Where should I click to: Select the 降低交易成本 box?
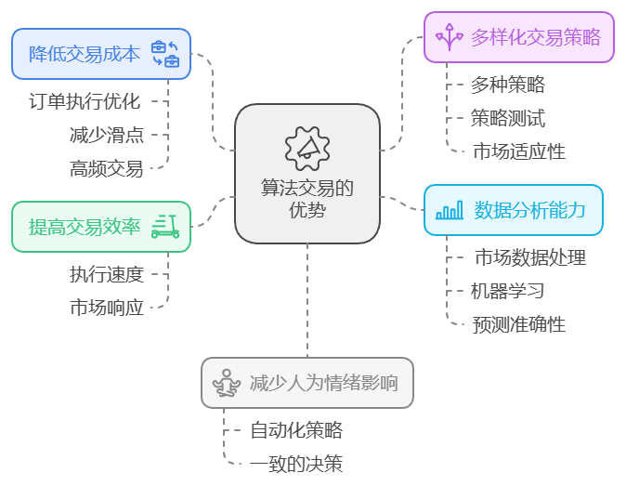(x=100, y=54)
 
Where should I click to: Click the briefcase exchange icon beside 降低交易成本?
(x=165, y=54)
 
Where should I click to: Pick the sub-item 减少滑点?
(x=106, y=135)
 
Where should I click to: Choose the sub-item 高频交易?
(x=106, y=168)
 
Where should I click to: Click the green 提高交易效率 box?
(x=100, y=226)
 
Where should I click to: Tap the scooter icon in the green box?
(x=165, y=226)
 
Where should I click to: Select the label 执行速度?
(x=106, y=274)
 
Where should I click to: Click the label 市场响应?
(x=106, y=308)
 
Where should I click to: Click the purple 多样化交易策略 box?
(x=518, y=37)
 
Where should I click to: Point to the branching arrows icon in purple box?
(x=450, y=37)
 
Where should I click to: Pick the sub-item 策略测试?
(x=507, y=118)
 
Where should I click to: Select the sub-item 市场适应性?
(x=518, y=151)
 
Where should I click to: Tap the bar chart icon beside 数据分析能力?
(x=450, y=210)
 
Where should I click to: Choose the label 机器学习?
(x=507, y=291)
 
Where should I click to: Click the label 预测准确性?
(x=518, y=324)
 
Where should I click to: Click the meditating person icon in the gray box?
(x=226, y=382)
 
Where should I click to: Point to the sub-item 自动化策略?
(x=296, y=430)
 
